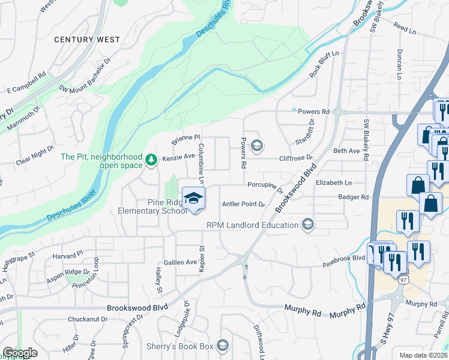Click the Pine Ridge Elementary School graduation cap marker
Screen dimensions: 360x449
click(193, 199)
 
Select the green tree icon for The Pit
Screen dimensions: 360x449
click(150, 160)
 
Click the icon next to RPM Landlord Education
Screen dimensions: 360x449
click(308, 224)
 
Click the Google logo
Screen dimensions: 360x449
click(20, 353)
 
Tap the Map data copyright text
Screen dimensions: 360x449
click(423, 355)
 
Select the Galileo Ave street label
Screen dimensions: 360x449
click(181, 262)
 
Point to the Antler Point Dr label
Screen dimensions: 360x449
click(243, 205)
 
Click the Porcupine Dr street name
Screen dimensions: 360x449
click(265, 187)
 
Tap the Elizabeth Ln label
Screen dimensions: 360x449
click(333, 182)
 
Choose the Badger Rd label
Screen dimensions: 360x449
click(352, 197)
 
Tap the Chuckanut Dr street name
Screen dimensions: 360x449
click(86, 319)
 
